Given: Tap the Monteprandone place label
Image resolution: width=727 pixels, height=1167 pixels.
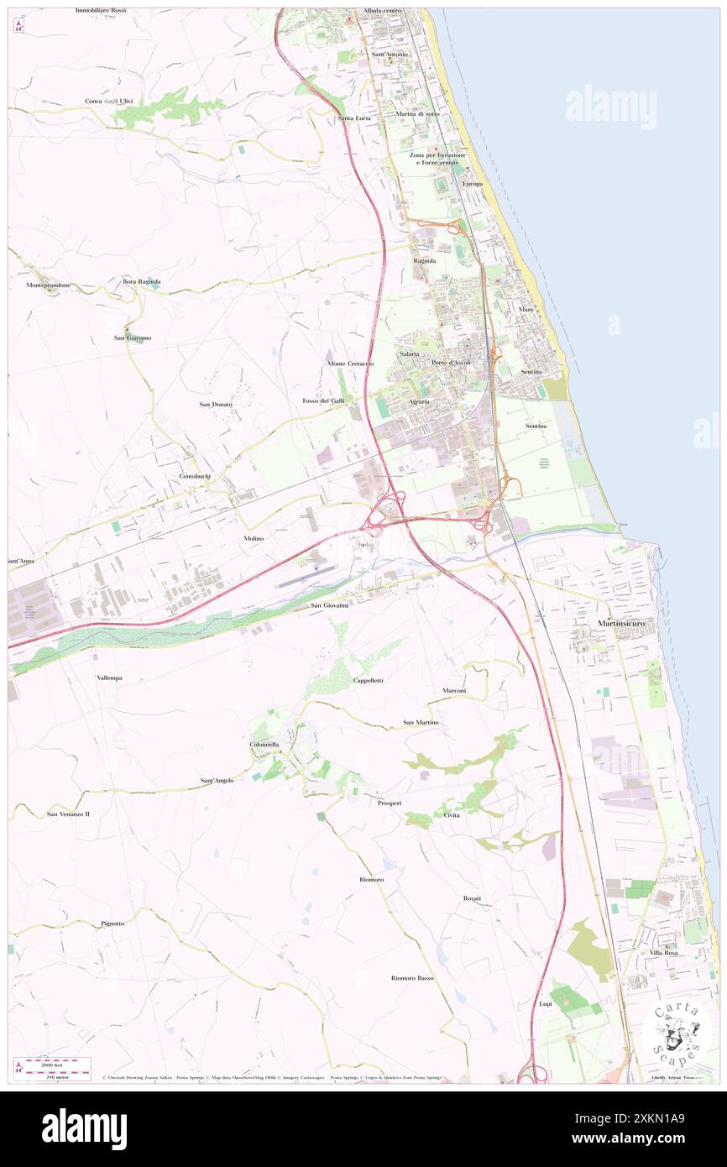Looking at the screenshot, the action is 48,285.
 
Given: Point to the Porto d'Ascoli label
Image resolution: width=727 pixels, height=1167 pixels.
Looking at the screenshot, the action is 451,362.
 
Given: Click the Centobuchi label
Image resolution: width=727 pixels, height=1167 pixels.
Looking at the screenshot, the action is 195,476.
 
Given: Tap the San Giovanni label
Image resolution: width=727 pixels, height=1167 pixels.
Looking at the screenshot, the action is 330,604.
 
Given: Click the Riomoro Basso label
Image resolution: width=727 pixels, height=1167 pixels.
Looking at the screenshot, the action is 412,977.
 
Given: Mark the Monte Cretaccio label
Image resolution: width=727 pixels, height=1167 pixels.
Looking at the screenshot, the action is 350,363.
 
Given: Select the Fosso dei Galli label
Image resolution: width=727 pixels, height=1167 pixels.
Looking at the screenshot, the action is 323,401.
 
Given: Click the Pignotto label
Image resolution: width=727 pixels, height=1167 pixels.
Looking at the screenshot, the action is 112,923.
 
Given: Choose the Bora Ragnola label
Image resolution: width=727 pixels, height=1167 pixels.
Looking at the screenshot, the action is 142,281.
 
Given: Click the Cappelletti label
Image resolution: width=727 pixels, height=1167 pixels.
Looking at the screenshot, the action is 368,680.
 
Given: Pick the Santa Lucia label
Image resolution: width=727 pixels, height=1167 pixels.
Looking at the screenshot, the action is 354,118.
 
